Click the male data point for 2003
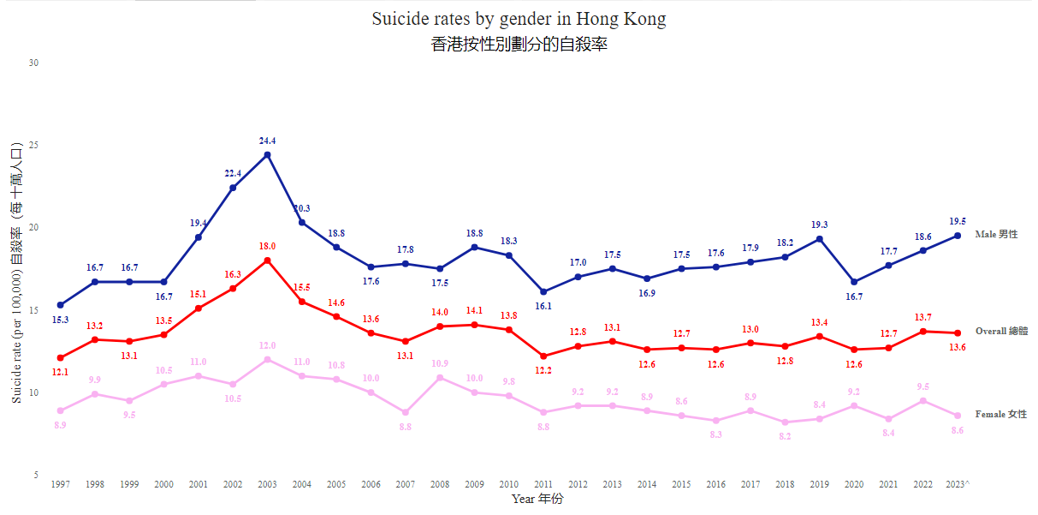pos(268,155)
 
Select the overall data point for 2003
pos(268,260)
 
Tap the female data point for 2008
pos(440,378)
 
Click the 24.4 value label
pos(268,141)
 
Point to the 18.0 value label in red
pos(268,246)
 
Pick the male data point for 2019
pos(820,239)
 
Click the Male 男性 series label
pos(997,234)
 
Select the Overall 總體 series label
pos(1002,331)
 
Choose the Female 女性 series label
pos(1001,414)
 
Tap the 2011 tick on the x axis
pos(543,484)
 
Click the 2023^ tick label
pos(958,484)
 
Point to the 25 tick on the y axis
pos(34,146)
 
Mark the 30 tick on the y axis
pos(34,63)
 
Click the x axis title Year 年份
pos(537,499)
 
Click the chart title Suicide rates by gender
pos(519,19)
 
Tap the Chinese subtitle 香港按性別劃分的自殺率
pos(519,45)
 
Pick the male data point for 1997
pos(60,305)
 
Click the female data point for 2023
pos(958,416)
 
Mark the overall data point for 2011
pos(543,356)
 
